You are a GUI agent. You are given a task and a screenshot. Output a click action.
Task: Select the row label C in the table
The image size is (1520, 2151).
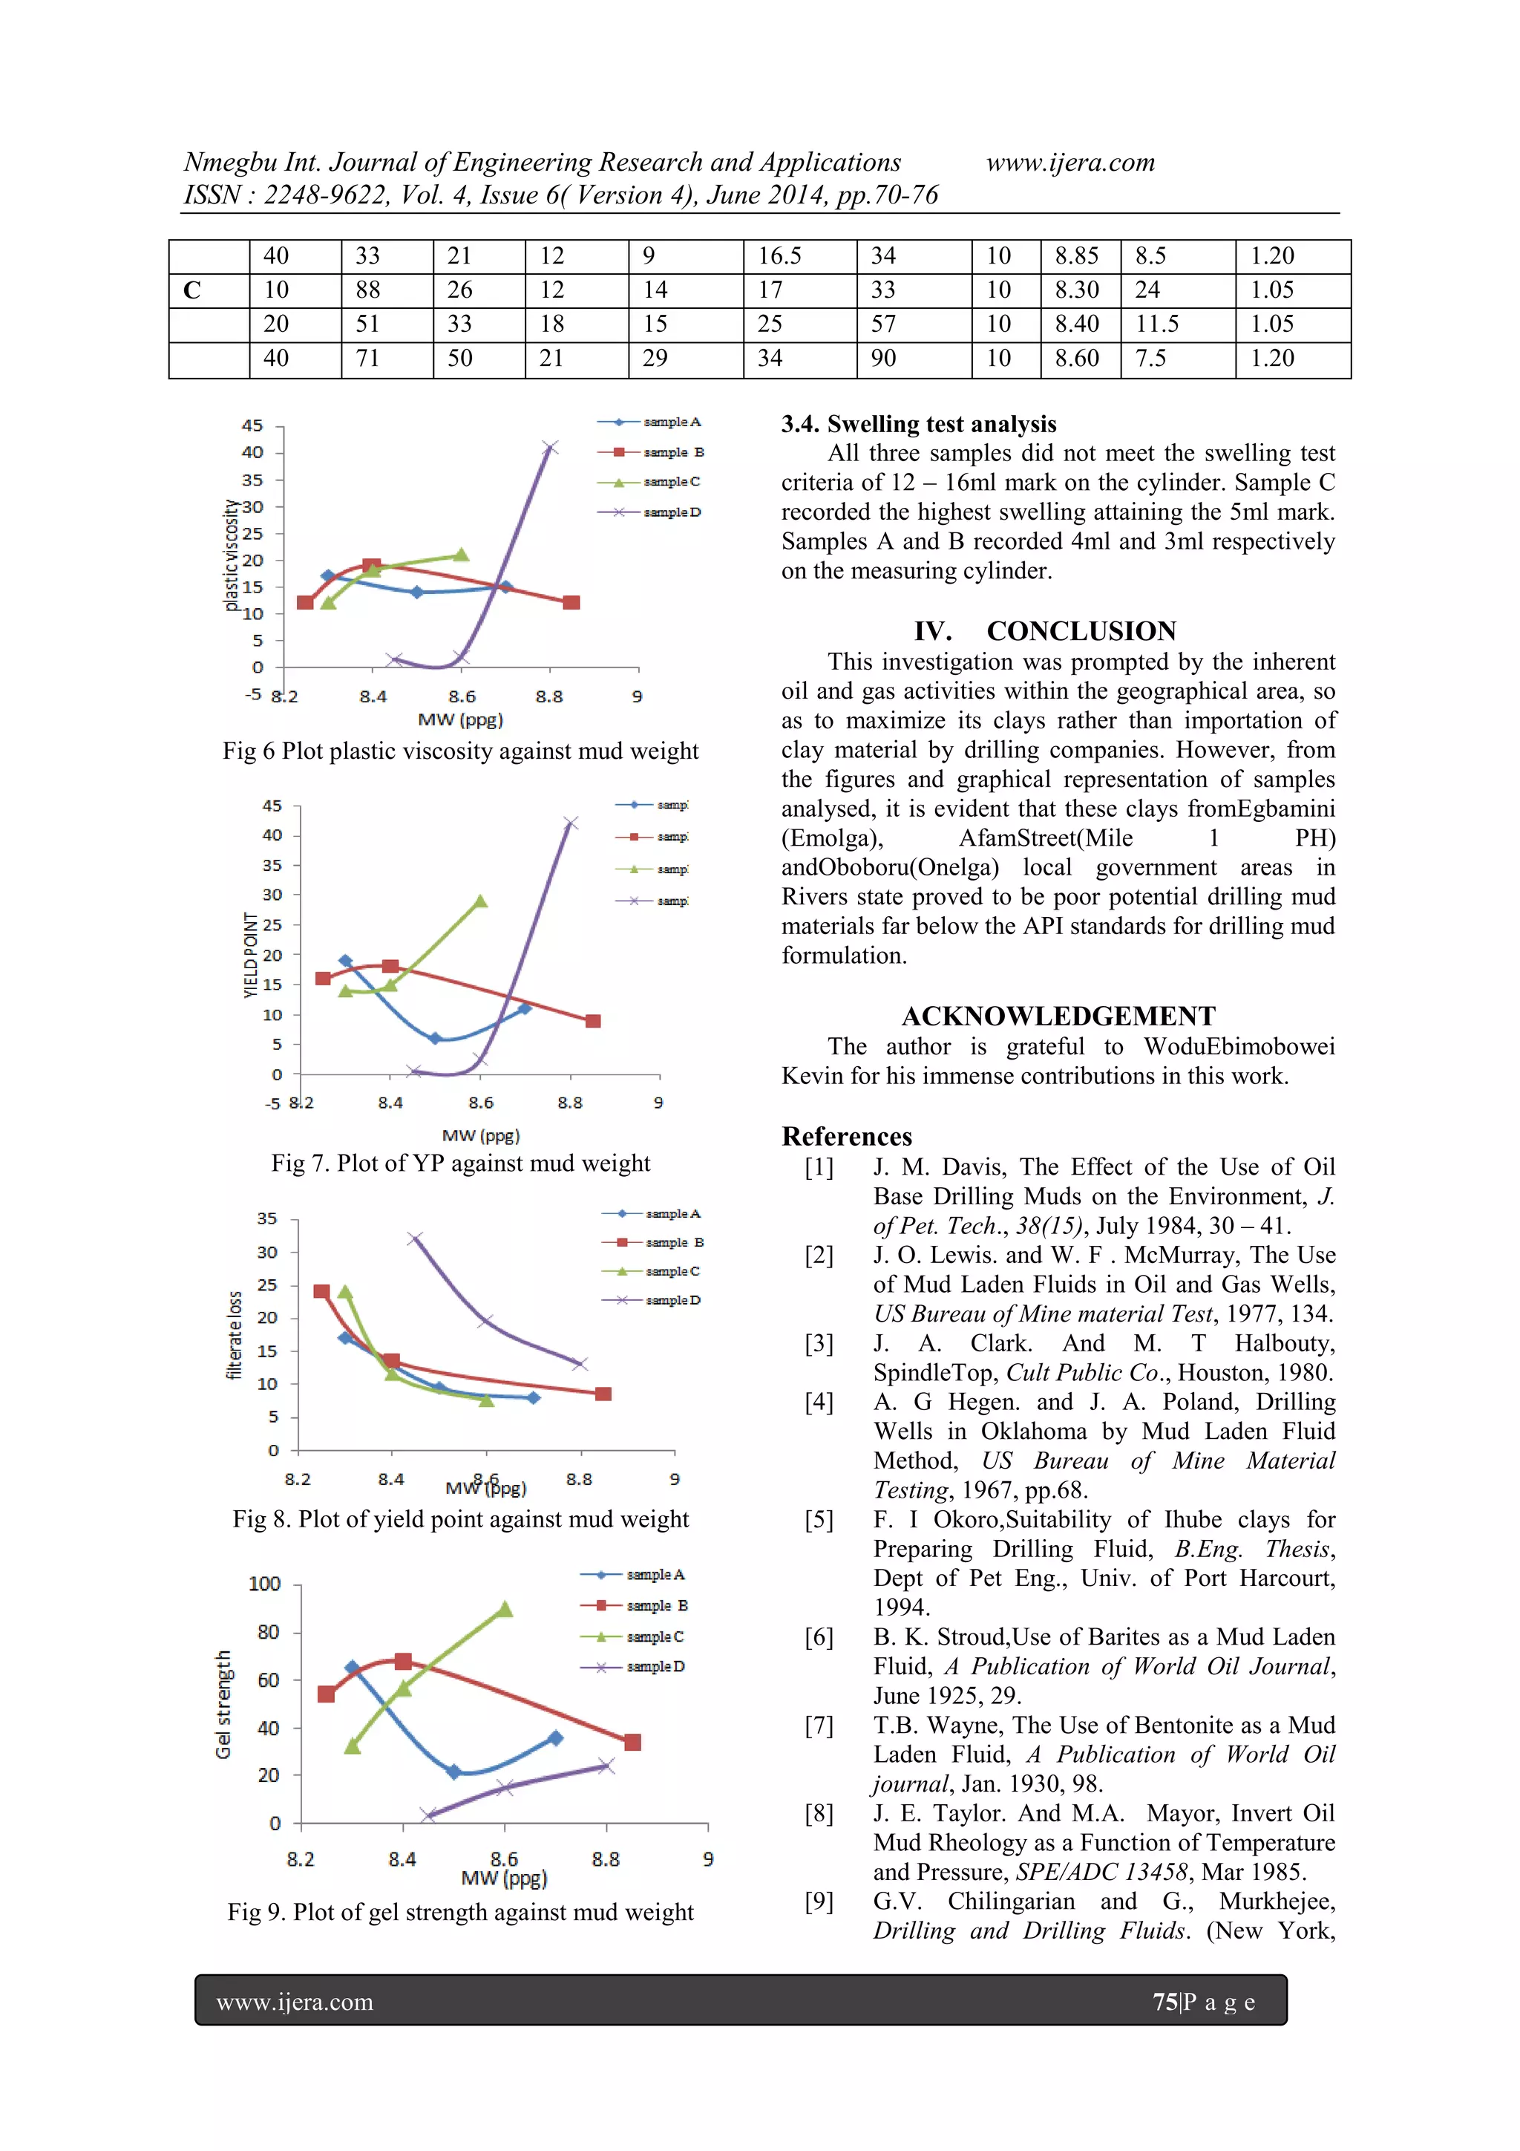pos(192,290)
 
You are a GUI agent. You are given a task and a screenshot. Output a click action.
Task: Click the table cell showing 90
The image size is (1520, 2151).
pos(883,359)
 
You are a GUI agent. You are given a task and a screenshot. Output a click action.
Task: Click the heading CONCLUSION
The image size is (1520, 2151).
pos(1081,631)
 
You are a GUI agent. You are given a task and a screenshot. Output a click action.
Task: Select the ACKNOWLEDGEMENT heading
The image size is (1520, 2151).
pos(1058,1016)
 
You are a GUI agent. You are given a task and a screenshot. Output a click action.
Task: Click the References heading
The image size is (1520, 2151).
pos(847,1137)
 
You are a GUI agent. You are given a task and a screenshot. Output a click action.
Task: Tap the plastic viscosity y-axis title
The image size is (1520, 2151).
pos(230,555)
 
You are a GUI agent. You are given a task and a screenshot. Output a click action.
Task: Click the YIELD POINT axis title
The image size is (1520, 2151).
pos(250,955)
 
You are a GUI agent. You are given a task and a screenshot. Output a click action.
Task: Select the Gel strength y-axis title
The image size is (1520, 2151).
pos(223,1704)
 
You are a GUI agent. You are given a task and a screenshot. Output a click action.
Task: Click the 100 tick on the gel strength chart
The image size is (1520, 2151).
pos(264,1583)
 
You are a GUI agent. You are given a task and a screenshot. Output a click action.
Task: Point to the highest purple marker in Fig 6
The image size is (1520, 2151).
pos(550,448)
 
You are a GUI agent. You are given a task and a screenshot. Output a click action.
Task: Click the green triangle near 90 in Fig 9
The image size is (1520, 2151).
pos(504,1610)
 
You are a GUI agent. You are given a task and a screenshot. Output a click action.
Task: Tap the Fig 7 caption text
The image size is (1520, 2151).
pos(460,1163)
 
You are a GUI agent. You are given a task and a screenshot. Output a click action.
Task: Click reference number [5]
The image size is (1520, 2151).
pos(819,1520)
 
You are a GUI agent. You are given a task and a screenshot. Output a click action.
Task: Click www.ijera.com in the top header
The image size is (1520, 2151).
pos(1069,163)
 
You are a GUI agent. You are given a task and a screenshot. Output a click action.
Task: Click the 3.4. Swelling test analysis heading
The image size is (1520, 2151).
pos(918,425)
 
